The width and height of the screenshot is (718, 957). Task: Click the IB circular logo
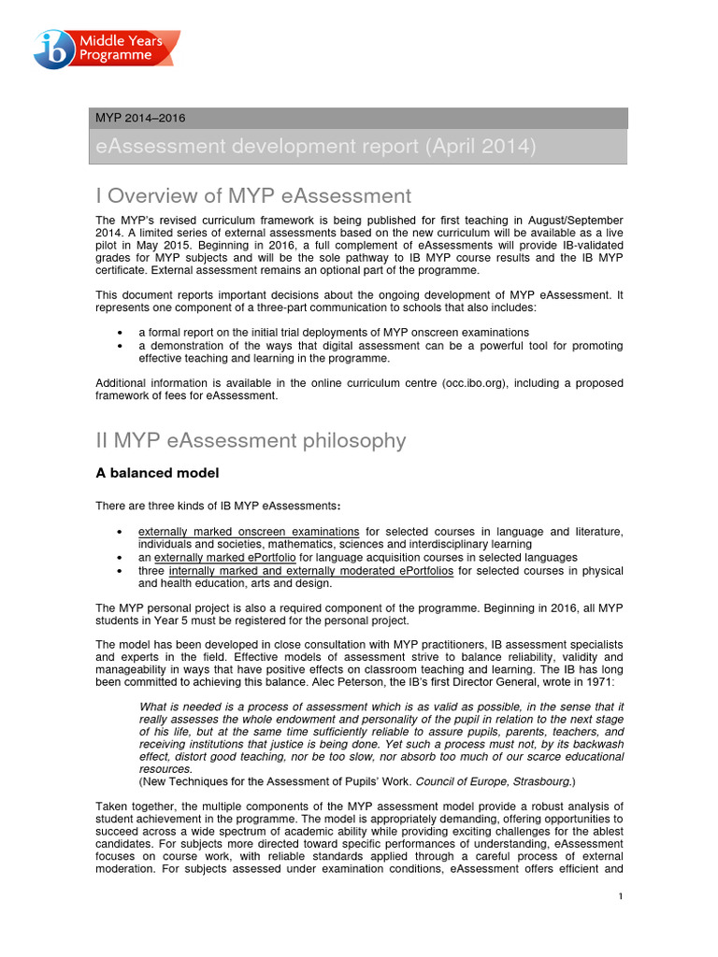point(52,49)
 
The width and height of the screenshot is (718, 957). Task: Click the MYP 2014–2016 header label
point(140,118)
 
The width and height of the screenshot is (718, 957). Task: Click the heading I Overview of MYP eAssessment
point(253,195)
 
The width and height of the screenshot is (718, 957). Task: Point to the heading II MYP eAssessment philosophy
point(251,440)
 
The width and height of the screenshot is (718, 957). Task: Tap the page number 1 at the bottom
point(620,897)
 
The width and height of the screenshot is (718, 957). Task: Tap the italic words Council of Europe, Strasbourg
point(492,780)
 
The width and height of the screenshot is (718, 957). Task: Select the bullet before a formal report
point(121,333)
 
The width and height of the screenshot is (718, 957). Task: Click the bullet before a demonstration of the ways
point(121,346)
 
